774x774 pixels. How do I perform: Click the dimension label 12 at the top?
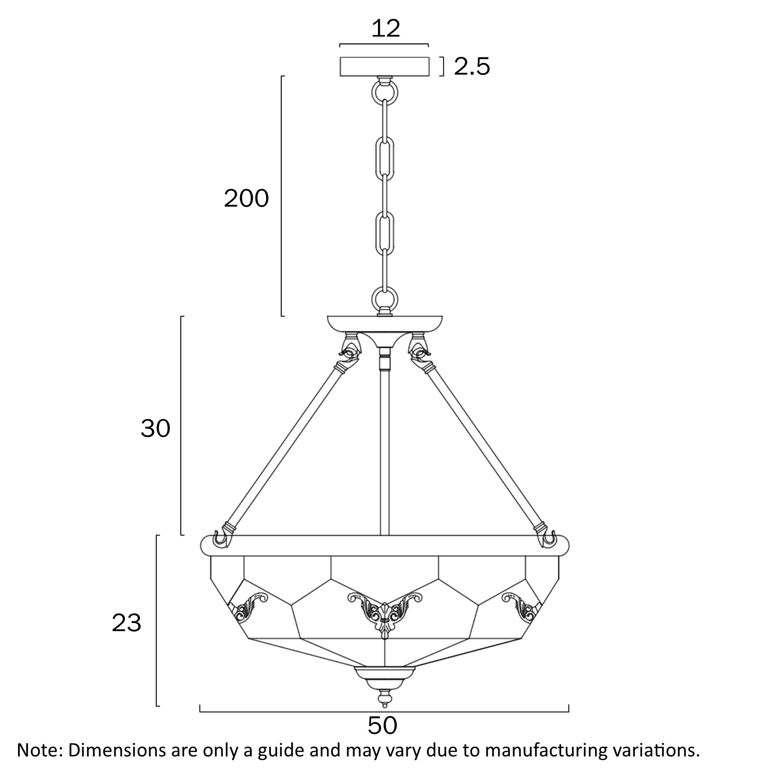pyautogui.click(x=386, y=28)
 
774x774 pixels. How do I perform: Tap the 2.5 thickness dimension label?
pyautogui.click(x=472, y=66)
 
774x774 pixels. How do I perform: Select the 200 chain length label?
pyautogui.click(x=246, y=198)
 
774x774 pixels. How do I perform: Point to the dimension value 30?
pyautogui.click(x=156, y=428)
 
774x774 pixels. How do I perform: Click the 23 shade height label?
pyautogui.click(x=127, y=623)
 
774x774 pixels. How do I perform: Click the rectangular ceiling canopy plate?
pyautogui.click(x=385, y=66)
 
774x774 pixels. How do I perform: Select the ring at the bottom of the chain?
pyautogui.click(x=385, y=299)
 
